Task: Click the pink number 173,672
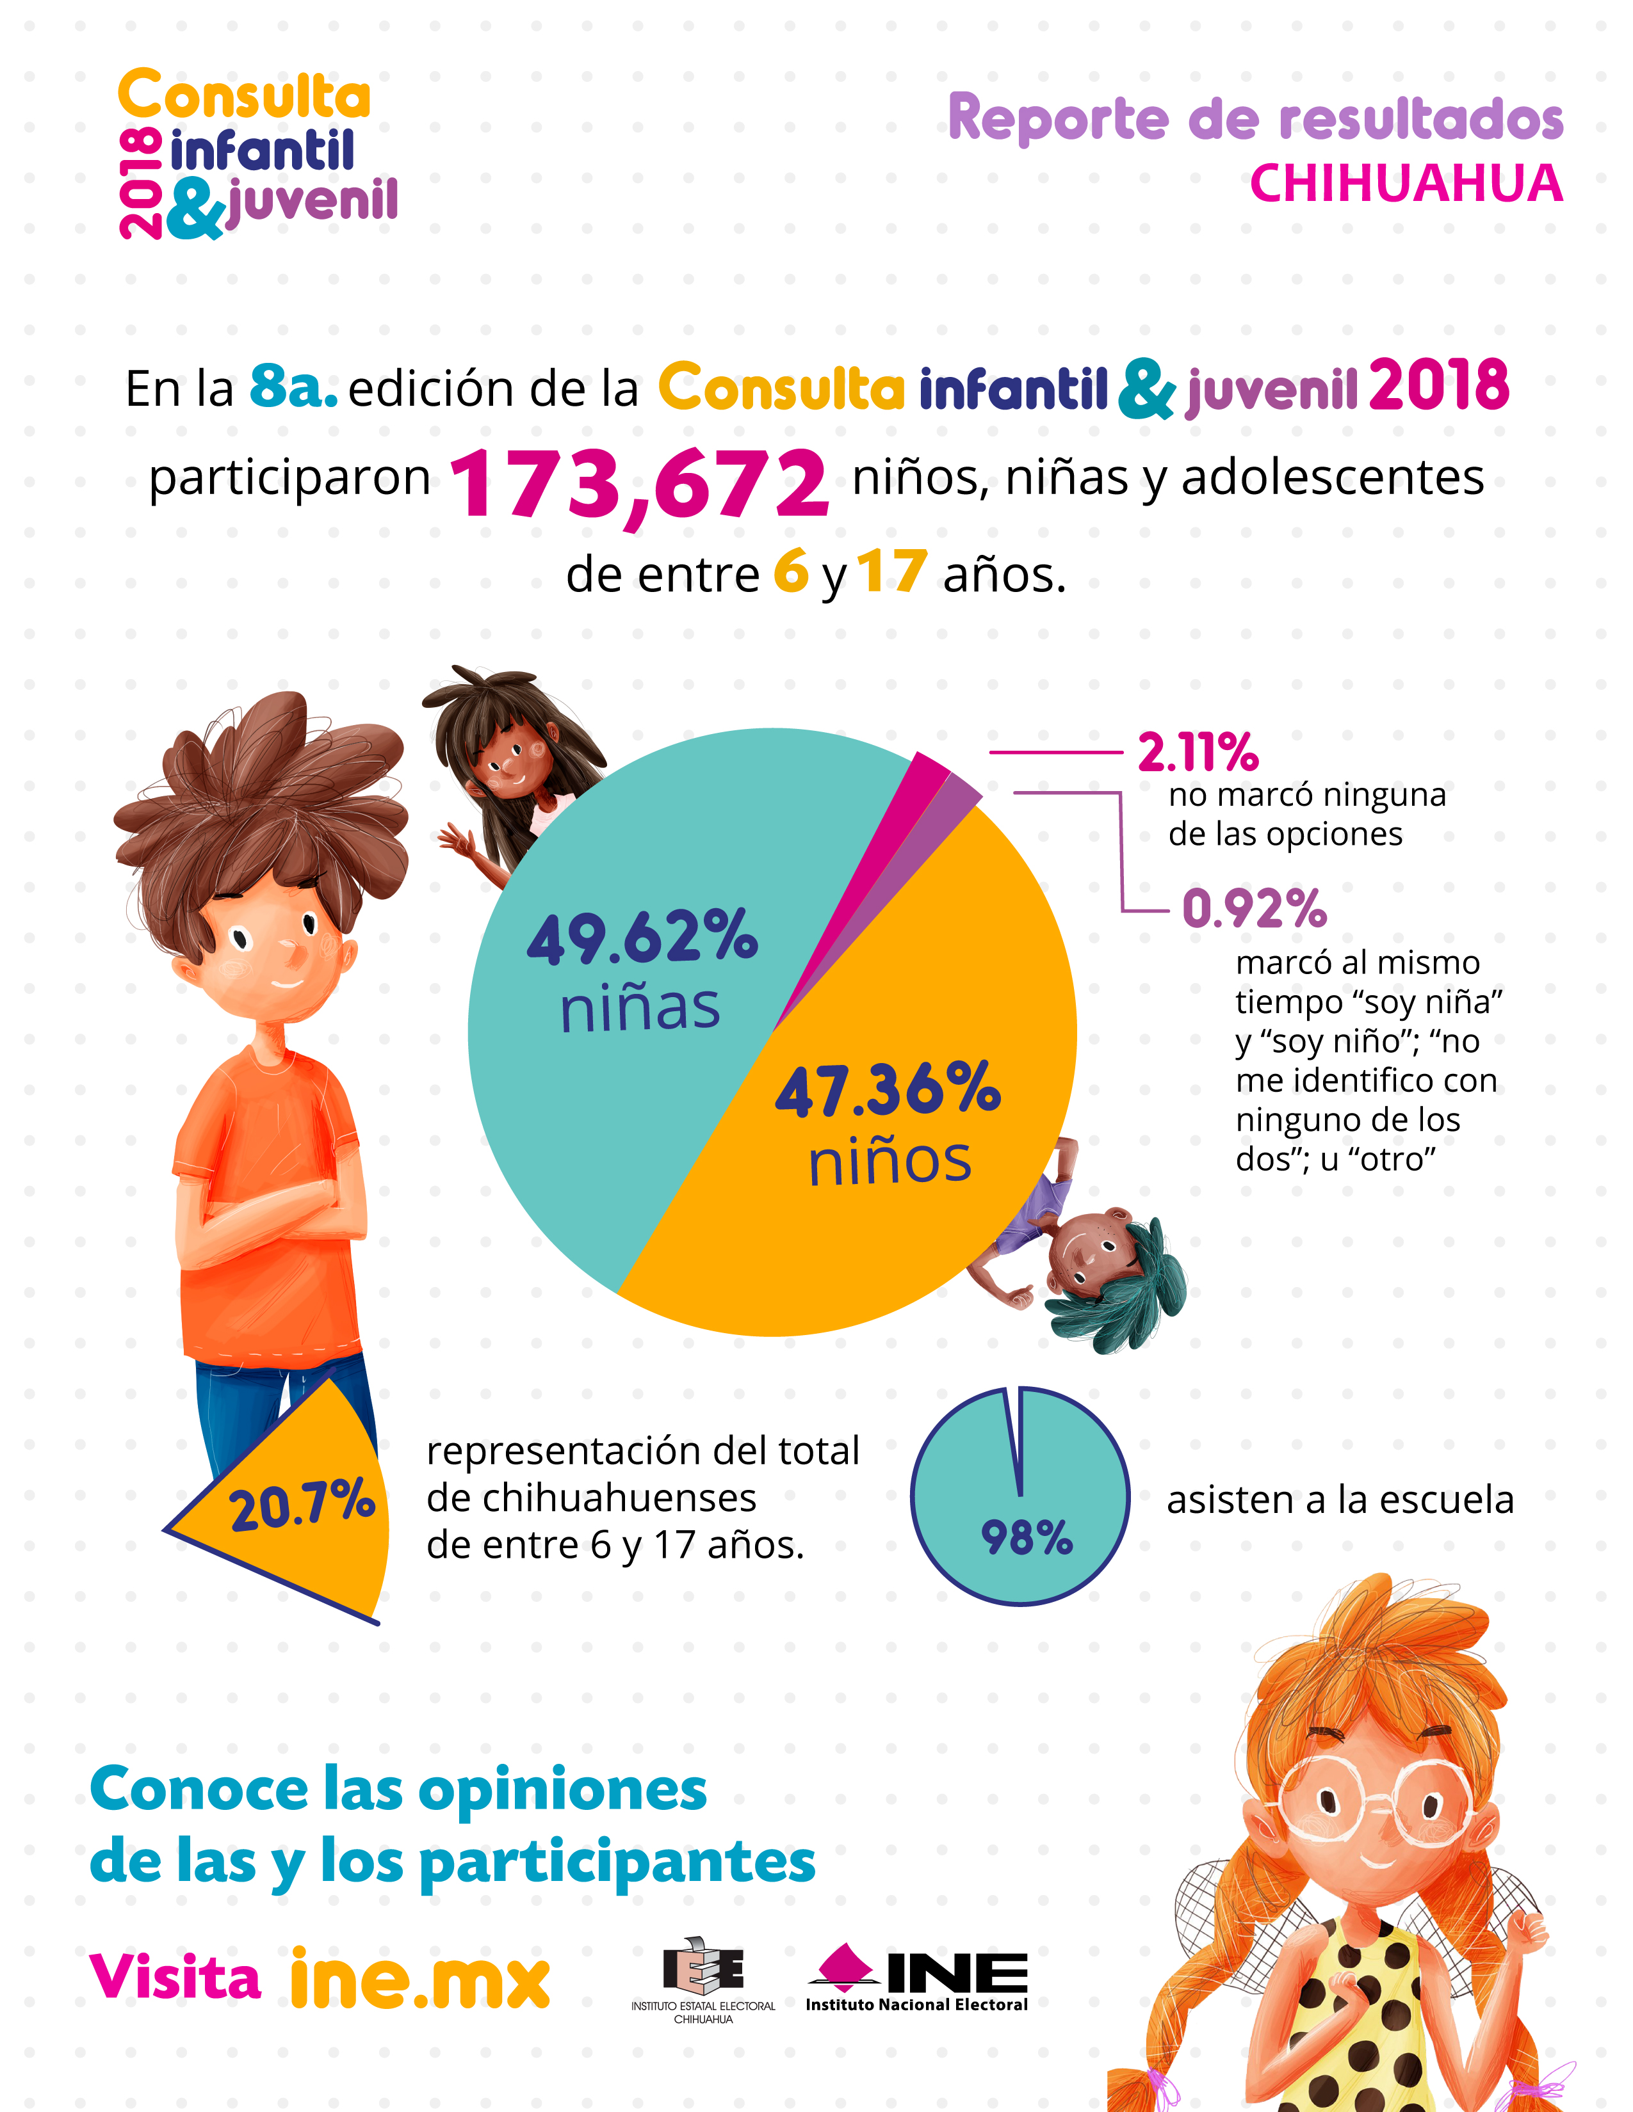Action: [x=638, y=483]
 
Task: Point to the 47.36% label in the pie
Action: [x=888, y=1090]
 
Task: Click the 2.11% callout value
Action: [x=1198, y=753]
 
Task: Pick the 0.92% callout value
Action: [x=1254, y=909]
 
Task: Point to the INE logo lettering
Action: [x=956, y=1972]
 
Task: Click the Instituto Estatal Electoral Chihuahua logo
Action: [x=703, y=1978]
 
